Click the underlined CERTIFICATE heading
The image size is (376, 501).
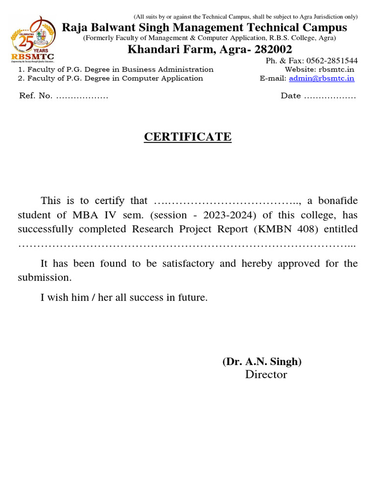(188, 137)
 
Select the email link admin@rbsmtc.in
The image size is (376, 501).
(321, 78)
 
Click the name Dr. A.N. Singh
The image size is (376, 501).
(262, 362)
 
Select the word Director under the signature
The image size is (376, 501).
(266, 375)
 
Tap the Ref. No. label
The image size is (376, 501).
(36, 96)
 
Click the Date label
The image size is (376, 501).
(291, 96)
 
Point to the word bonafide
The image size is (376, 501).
(339, 201)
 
